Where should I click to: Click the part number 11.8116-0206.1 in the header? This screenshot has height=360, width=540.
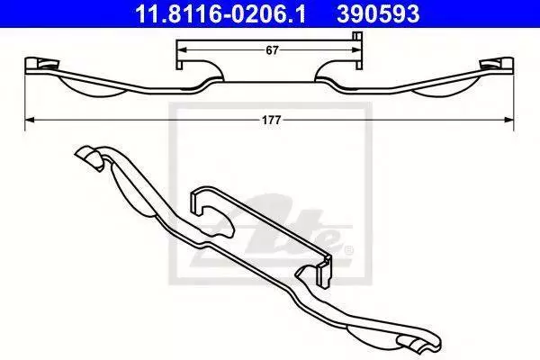click(x=220, y=14)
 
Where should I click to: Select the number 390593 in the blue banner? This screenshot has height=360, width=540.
click(x=378, y=14)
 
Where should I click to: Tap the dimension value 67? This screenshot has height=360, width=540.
click(x=272, y=50)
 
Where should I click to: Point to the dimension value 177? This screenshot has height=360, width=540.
click(x=272, y=121)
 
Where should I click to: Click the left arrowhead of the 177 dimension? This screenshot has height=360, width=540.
click(x=30, y=120)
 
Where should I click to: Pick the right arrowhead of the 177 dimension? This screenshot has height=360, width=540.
click(x=508, y=120)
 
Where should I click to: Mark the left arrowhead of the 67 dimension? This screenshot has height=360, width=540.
click(x=182, y=50)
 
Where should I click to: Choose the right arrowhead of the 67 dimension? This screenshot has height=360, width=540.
click(x=356, y=50)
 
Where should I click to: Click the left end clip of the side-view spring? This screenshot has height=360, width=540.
click(x=42, y=65)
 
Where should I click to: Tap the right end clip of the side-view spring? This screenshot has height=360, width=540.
click(x=496, y=65)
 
